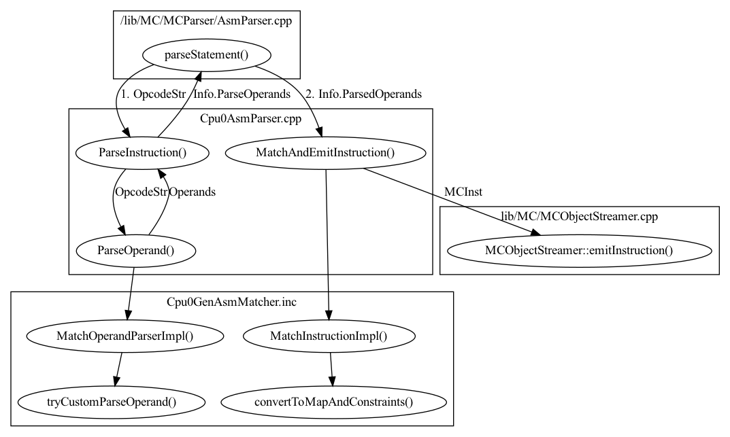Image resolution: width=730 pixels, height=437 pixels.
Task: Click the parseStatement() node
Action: coord(206,54)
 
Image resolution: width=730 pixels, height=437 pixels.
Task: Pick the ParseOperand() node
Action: coord(136,250)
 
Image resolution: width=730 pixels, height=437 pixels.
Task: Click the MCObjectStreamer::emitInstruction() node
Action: coord(579,250)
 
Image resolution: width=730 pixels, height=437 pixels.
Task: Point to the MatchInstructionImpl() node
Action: coord(329,335)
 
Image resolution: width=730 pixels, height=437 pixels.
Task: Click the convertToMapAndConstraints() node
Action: coord(333,401)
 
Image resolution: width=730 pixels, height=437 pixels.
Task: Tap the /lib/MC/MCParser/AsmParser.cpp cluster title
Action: coord(206,21)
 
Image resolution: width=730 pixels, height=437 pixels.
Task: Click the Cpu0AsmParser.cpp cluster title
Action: coord(250,118)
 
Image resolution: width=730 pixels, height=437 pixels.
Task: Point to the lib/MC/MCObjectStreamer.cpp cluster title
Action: coord(579,215)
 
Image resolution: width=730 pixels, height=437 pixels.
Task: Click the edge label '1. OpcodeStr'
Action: coord(154,94)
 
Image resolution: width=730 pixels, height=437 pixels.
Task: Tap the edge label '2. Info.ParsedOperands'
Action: coord(363,94)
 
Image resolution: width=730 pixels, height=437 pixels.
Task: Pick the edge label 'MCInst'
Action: coord(463,192)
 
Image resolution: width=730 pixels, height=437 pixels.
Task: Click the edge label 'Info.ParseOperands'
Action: coord(242,94)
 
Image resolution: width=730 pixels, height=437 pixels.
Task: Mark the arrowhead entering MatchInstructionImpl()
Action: coord(329,314)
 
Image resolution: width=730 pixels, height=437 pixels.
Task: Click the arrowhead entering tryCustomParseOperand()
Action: coord(116,381)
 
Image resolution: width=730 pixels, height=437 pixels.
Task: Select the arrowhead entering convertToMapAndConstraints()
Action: coord(332,381)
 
